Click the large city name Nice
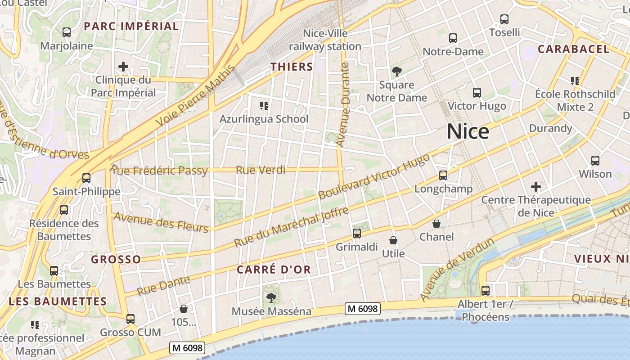(468, 132)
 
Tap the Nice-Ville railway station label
(325, 40)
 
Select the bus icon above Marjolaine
(67, 32)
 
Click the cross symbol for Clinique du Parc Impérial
(123, 67)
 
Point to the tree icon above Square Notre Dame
(396, 71)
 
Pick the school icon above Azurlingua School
(264, 106)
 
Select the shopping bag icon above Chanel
(436, 224)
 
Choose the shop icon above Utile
(393, 240)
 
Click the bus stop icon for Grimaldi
(357, 233)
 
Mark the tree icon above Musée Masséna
(271, 297)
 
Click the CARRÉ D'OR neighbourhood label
(274, 270)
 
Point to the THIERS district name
(292, 67)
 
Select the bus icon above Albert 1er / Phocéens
(485, 291)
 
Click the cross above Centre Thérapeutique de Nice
(535, 186)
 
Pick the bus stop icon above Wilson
(595, 161)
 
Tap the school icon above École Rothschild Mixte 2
(575, 81)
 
